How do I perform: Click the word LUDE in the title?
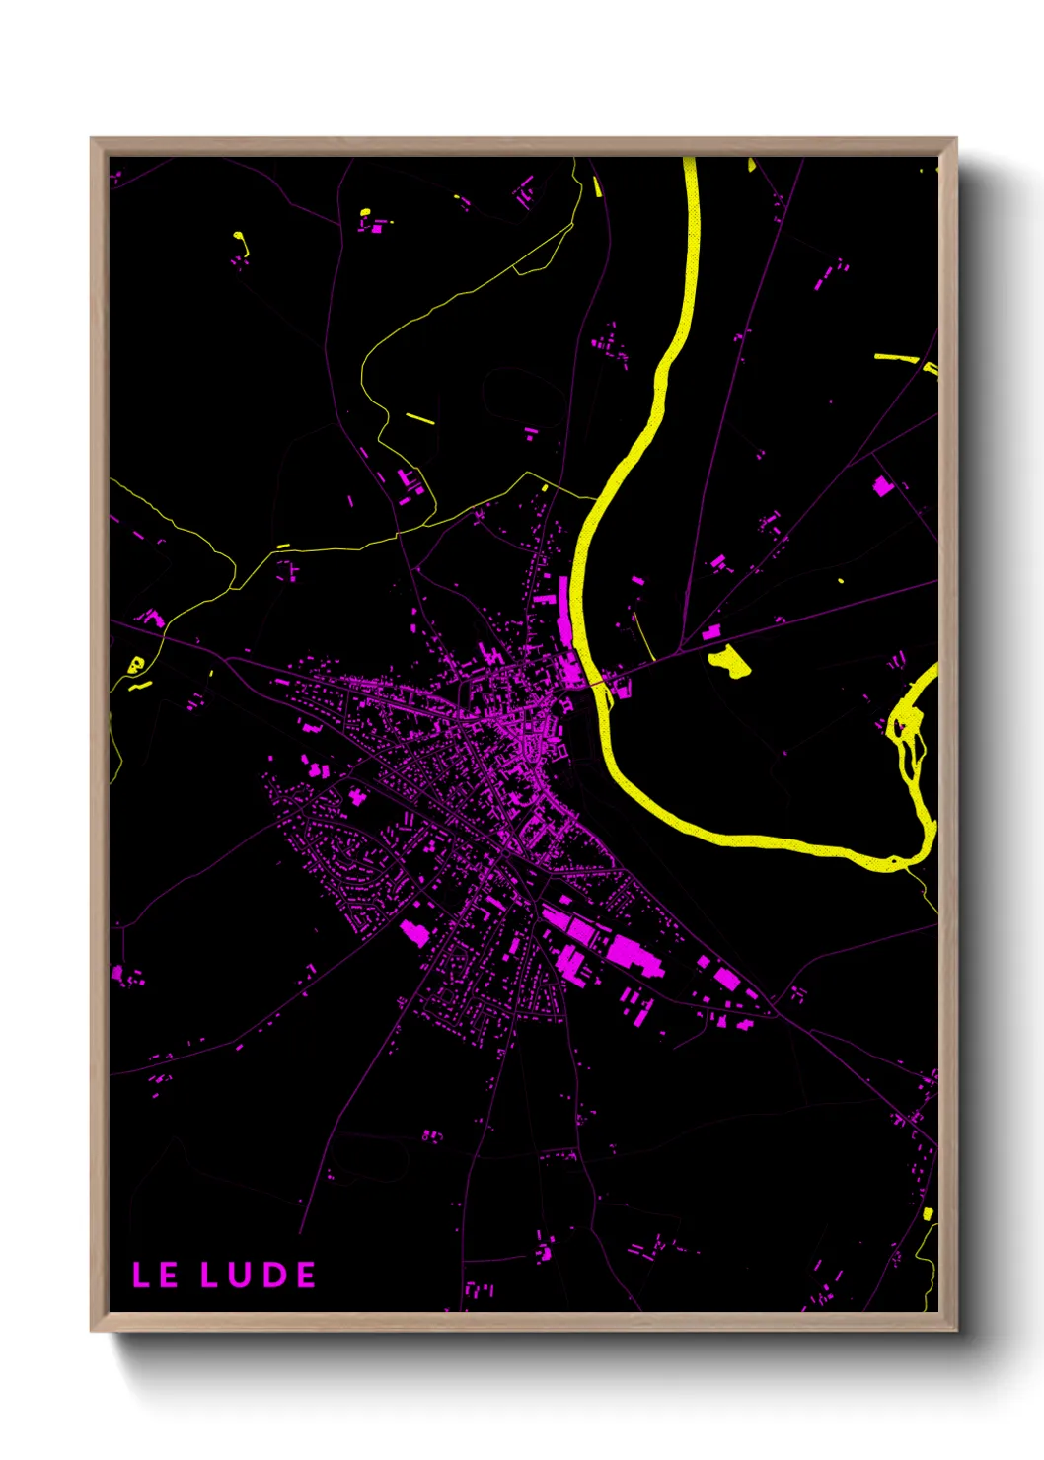click(259, 1275)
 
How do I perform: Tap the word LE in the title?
click(155, 1275)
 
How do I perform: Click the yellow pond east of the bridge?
click(730, 661)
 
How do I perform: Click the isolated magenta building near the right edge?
click(882, 486)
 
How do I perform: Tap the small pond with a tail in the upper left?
click(240, 241)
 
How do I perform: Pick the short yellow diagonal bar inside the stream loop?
click(420, 418)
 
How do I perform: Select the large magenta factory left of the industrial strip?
click(414, 931)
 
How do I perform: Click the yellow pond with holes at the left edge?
click(136, 664)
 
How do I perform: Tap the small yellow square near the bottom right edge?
click(928, 1214)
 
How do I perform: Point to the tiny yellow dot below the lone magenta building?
click(840, 580)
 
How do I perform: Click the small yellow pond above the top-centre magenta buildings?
click(364, 212)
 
